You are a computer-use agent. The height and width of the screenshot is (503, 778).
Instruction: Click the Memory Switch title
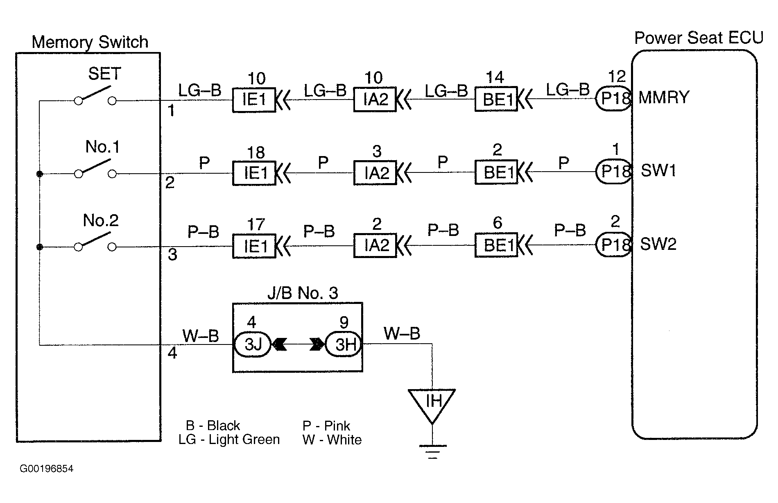pos(90,42)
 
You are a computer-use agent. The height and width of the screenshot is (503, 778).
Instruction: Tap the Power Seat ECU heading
pos(699,38)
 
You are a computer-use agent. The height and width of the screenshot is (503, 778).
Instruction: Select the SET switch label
pos(104,74)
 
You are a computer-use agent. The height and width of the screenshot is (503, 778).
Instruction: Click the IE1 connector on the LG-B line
pos(254,100)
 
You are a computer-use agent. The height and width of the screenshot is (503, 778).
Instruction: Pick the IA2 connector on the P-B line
pos(375,245)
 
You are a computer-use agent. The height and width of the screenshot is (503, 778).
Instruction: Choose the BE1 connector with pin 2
pos(496,172)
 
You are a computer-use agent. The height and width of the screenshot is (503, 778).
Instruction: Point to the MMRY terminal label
pos(664,97)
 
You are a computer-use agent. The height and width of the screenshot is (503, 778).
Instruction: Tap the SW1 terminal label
pos(658,170)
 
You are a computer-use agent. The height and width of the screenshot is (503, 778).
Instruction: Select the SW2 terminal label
pos(658,244)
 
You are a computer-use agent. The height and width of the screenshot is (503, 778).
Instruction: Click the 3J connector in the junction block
pos(253,344)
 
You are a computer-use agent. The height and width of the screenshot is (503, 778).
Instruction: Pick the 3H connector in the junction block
pos(344,344)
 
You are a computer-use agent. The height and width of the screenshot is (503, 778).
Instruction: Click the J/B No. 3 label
pos(303,293)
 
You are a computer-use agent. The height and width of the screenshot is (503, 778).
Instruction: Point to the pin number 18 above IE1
pos(256,153)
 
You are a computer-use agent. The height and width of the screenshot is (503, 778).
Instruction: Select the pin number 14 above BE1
pos(495,77)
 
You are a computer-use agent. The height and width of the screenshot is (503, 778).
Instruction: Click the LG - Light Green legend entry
pos(229,440)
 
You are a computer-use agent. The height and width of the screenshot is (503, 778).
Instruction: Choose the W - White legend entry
pos(332,440)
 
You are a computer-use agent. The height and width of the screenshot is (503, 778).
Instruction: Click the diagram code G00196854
pos(47,469)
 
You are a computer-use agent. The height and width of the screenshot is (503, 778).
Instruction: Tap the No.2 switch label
pos(101,221)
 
